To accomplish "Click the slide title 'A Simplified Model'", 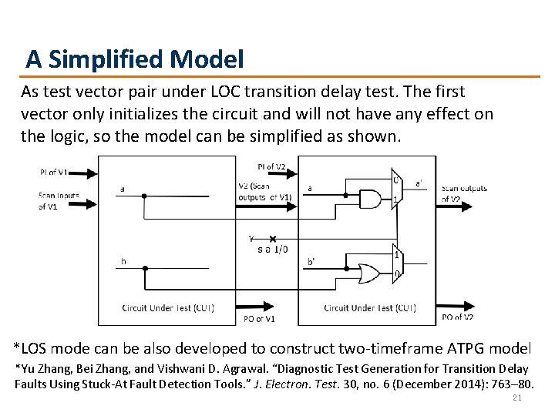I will point(135,59).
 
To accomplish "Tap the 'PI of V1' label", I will point(53,171).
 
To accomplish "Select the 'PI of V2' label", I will point(271,167).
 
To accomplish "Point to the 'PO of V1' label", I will point(259,319).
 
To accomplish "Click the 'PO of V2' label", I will point(457,317).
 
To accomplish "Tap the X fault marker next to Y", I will point(272,240).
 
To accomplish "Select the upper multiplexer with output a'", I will point(398,187).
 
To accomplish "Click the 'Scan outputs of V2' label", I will point(463,193).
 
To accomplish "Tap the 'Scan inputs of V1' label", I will point(59,201).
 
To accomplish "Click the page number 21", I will point(517,398).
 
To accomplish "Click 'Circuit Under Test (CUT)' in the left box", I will point(168,308).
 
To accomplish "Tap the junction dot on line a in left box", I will point(144,196).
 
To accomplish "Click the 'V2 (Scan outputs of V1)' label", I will point(264,191).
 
